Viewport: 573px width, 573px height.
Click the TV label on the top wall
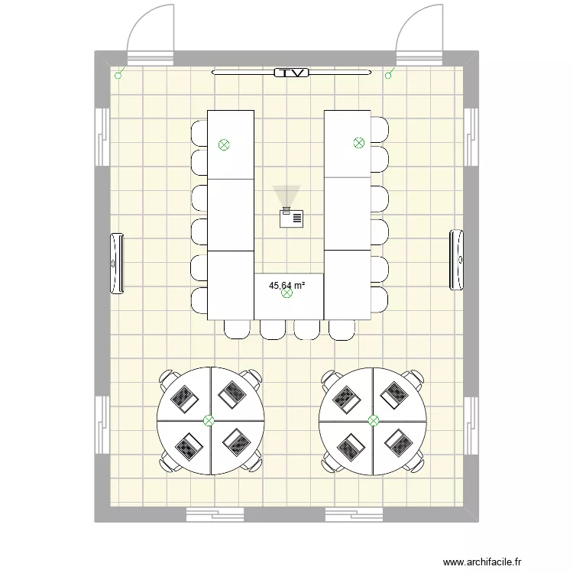tap(290, 73)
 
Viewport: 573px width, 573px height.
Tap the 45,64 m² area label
tap(286, 286)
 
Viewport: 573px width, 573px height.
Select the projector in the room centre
tap(291, 219)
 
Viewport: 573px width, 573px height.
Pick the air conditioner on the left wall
tap(118, 262)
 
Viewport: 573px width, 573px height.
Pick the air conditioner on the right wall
tap(457, 260)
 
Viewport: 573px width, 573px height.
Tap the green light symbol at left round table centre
tap(209, 420)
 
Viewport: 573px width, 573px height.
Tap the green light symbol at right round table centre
tap(374, 420)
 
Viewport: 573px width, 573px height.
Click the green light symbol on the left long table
tap(224, 144)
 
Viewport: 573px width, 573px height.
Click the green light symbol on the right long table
tap(358, 142)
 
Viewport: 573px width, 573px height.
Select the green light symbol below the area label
tap(287, 293)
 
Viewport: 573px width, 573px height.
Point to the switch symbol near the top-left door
tap(118, 75)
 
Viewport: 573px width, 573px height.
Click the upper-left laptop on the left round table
tap(184, 397)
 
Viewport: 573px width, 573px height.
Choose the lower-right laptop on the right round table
tap(397, 441)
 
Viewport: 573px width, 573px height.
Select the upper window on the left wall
tap(101, 136)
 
